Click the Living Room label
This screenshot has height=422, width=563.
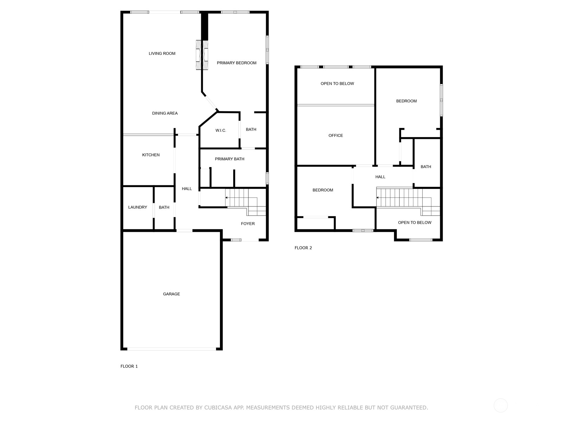pyautogui.click(x=162, y=53)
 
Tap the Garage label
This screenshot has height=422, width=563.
pyautogui.click(x=171, y=294)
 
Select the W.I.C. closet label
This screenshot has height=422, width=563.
pyautogui.click(x=221, y=130)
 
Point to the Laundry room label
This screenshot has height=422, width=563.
pyautogui.click(x=138, y=207)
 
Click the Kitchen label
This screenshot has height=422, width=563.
pyautogui.click(x=151, y=155)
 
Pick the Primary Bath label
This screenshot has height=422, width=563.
pyautogui.click(x=229, y=159)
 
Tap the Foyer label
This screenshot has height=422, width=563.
pyautogui.click(x=248, y=224)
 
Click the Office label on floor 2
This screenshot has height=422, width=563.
pyautogui.click(x=335, y=135)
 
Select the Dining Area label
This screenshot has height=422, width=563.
pyautogui.click(x=165, y=113)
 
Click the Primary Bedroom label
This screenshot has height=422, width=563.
pyautogui.click(x=236, y=63)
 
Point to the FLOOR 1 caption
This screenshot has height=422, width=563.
pyautogui.click(x=129, y=366)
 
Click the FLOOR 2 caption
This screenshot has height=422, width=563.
pyautogui.click(x=303, y=248)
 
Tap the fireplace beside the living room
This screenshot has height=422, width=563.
pyautogui.click(x=202, y=55)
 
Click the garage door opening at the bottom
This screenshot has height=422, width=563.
pyautogui.click(x=172, y=349)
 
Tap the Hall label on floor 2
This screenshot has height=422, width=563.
pyautogui.click(x=380, y=177)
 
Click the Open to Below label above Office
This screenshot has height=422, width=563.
pyautogui.click(x=337, y=84)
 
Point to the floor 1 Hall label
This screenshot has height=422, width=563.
pyautogui.click(x=187, y=188)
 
